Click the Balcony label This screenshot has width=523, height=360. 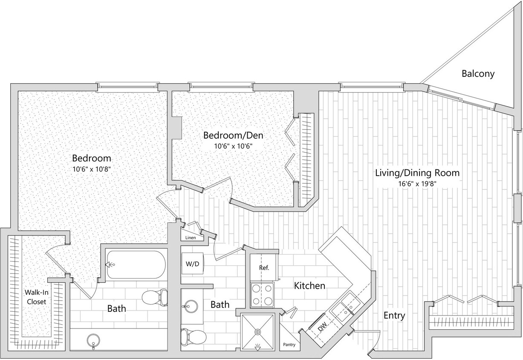point(478,74)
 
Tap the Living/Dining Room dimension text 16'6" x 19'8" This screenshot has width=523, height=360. point(417,184)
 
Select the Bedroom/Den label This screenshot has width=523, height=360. point(233,136)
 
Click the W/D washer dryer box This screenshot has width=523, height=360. point(192,264)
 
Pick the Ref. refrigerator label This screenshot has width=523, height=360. point(263,268)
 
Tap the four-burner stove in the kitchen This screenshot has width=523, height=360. point(262,295)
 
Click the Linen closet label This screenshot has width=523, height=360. point(191,238)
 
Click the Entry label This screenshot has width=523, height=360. point(394,316)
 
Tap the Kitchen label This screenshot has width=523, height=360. point(309,285)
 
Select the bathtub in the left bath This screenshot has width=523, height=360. point(136,264)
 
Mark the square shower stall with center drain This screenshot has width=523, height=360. point(257,331)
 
